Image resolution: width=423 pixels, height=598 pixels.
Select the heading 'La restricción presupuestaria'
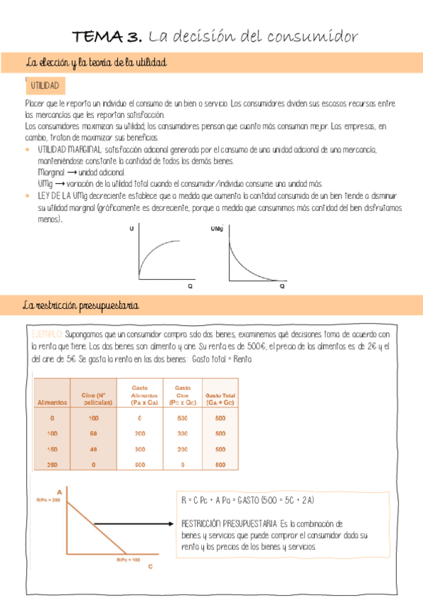[x=81, y=305]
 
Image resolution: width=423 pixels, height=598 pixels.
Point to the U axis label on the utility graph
[x=131, y=229]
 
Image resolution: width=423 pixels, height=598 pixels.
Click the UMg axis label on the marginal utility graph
[x=215, y=229]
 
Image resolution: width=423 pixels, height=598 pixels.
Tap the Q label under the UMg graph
[x=282, y=286]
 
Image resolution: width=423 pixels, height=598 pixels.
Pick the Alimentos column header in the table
[x=52, y=402]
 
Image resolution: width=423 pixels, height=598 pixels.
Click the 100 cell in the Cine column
[x=93, y=418]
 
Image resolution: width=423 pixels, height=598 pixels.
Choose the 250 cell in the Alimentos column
[x=52, y=465]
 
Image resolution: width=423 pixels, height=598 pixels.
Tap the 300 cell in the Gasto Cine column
[x=183, y=434]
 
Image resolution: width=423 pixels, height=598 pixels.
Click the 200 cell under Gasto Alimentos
[x=140, y=434]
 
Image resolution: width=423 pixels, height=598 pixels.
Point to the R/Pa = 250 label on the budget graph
[x=49, y=499]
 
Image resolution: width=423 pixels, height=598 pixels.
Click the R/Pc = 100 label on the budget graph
[x=130, y=559]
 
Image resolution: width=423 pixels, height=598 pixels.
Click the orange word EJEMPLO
[x=48, y=334]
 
